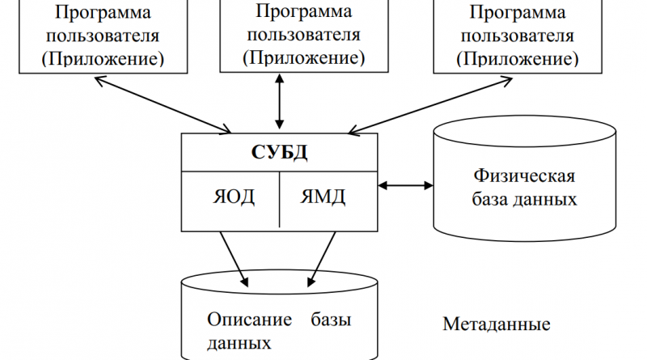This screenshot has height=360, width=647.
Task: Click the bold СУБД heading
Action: (279, 152)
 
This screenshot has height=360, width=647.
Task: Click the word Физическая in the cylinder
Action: (524, 176)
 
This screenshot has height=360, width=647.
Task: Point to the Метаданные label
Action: (497, 324)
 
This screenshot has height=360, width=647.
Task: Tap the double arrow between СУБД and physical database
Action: (405, 186)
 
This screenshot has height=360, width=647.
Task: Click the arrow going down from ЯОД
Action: (235, 257)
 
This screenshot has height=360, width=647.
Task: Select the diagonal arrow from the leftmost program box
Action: (162, 103)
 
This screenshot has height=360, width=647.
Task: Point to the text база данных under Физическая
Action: (524, 199)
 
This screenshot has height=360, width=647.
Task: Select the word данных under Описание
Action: (239, 343)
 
